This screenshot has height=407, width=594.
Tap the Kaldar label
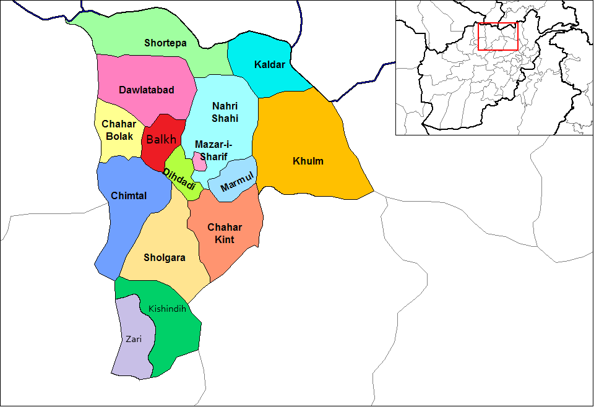coord(270,64)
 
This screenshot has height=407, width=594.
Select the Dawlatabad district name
coord(146,90)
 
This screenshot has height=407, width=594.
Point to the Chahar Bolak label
coord(118,130)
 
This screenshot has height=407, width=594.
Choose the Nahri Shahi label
coord(225,112)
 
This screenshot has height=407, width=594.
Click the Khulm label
coord(308,161)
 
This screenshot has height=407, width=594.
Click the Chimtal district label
coord(129,196)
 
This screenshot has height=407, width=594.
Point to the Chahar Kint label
coord(225,233)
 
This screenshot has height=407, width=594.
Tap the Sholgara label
coord(164,257)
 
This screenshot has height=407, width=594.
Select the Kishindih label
coord(167,308)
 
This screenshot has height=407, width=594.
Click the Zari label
coord(134,339)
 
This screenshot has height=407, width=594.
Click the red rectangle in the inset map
coord(497,36)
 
